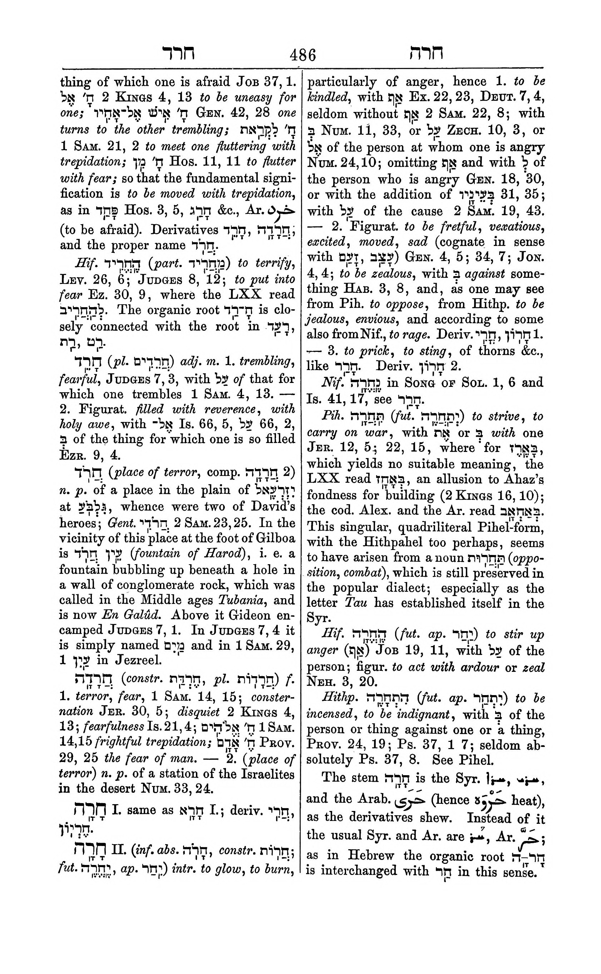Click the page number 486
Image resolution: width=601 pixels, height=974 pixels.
pos(302,55)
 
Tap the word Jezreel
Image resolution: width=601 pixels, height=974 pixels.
pos(138,660)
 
